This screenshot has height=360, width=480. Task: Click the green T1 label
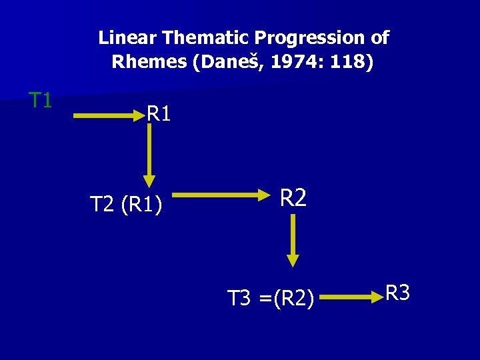41,101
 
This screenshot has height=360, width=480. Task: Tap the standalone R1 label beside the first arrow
159,114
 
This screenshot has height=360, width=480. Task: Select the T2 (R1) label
125,204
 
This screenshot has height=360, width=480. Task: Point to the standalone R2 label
293,198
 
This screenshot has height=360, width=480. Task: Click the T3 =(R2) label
271,298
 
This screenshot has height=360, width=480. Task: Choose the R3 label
398,293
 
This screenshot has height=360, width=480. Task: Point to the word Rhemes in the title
148,63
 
